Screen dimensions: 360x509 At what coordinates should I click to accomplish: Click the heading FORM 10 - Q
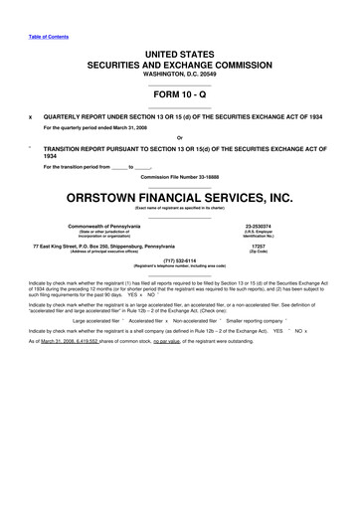tap(179, 85)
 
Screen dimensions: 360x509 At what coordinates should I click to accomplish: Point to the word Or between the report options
tap(179, 137)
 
